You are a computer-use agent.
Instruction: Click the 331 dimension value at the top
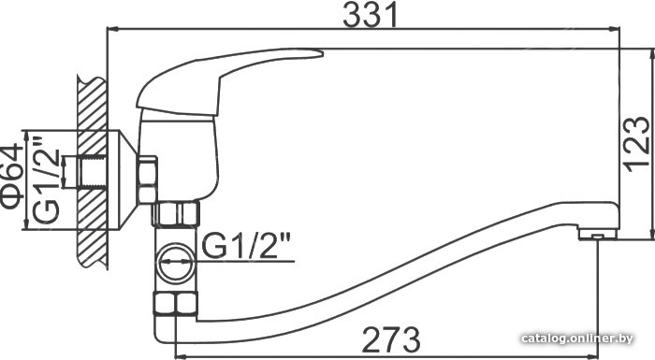tap(371, 14)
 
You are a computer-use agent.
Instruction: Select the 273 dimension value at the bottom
tap(391, 338)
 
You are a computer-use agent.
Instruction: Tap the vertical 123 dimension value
tap(638, 144)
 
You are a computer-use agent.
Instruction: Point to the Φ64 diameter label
tap(11, 176)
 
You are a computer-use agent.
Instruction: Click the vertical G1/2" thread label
tap(46, 180)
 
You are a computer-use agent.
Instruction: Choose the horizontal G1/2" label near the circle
tap(246, 246)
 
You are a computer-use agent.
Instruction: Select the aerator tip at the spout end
tap(598, 235)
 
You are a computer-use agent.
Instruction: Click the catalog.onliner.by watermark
tap(577, 338)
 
